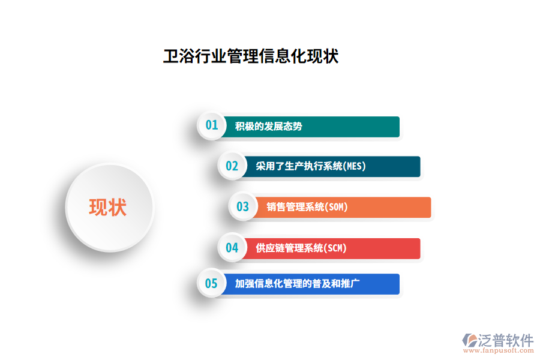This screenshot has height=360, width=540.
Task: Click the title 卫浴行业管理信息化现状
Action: pos(251,56)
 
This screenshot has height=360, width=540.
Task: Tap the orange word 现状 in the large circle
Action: pos(108,207)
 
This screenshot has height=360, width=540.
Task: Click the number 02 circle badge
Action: pos(232,166)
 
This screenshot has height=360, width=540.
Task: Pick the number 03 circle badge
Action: pos(242,207)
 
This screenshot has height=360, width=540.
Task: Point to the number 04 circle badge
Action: pos(232,248)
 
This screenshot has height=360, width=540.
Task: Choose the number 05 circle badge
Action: pos(211,284)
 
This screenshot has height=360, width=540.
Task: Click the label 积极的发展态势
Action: pos(268,127)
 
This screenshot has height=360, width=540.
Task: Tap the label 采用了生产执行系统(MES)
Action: pos(311,166)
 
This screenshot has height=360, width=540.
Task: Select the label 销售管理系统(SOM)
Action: pos(307,207)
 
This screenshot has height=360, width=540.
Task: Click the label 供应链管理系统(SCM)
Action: pos(301,248)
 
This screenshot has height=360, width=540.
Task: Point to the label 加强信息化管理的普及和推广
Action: pos(297,284)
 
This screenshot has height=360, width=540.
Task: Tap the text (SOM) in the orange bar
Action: pos(337,207)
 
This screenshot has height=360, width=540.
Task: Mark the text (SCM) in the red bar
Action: pos(335,248)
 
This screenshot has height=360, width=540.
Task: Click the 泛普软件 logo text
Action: pos(506,340)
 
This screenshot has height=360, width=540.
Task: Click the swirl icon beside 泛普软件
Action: pos(469,340)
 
